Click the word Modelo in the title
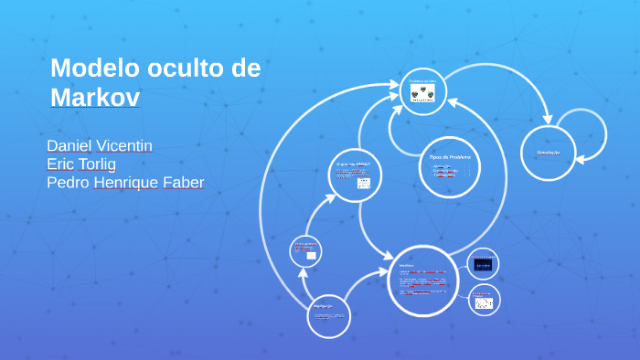pyautogui.click(x=90, y=69)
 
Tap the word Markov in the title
pyautogui.click(x=95, y=97)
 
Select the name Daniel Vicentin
pyautogui.click(x=100, y=146)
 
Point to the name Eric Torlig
pyautogui.click(x=81, y=164)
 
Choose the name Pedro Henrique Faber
pyautogui.click(x=125, y=183)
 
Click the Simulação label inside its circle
pyautogui.click(x=548, y=153)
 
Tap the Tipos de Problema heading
pyautogui.click(x=450, y=157)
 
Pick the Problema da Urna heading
pyautogui.click(x=422, y=81)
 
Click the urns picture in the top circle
pyautogui.click(x=422, y=93)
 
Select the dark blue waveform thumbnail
pyautogui.click(x=483, y=265)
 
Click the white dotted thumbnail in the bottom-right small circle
pyautogui.click(x=484, y=302)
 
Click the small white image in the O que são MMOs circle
pyautogui.click(x=363, y=183)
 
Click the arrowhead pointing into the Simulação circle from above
pyautogui.click(x=548, y=119)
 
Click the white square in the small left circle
pyautogui.click(x=311, y=256)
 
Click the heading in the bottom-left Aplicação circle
pyautogui.click(x=322, y=306)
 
